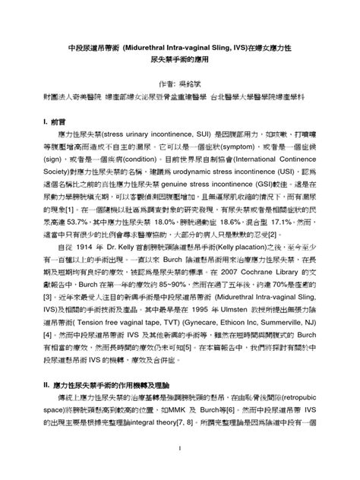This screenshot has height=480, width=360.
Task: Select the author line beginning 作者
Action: click(179, 82)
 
